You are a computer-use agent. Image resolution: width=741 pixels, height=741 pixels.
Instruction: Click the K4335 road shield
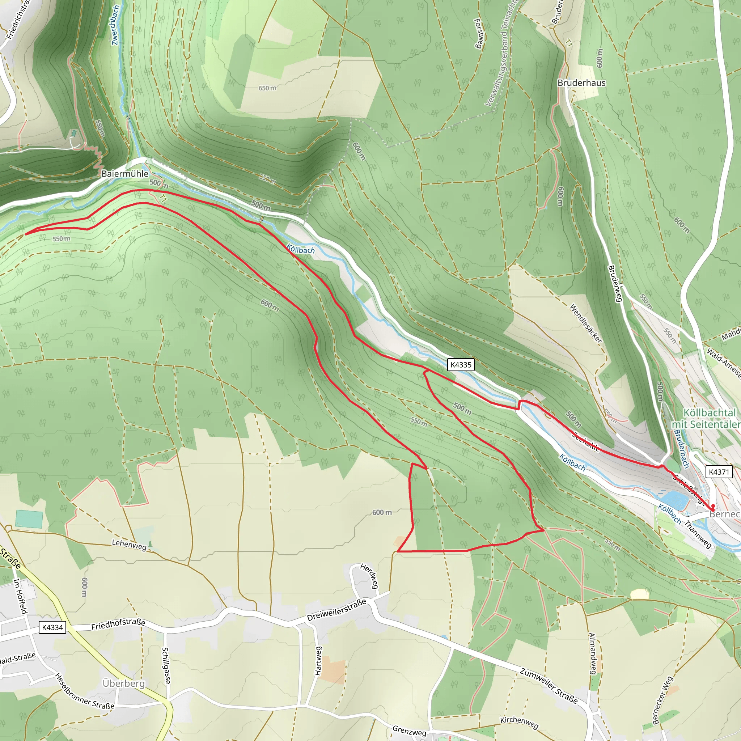(461, 365)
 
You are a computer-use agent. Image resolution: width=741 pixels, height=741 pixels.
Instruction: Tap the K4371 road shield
(719, 472)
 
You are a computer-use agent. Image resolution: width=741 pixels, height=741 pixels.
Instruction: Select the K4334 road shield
(52, 627)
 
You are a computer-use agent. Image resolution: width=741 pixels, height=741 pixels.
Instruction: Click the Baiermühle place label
(125, 174)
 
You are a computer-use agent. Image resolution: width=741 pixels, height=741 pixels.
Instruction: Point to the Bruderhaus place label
(581, 83)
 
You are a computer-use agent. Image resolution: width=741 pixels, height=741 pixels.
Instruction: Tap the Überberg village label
(123, 683)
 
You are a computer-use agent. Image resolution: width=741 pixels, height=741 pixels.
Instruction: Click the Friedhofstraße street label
(118, 624)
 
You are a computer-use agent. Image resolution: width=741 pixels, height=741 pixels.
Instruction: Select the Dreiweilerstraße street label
(337, 610)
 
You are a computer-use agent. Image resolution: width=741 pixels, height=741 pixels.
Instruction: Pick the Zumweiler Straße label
(549, 685)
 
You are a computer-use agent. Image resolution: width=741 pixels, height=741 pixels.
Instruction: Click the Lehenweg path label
(129, 545)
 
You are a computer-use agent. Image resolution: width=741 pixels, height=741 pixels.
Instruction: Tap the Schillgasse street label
(166, 665)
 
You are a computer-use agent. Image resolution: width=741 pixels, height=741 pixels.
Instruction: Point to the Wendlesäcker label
(586, 323)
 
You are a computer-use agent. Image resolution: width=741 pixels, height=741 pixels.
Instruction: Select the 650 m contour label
(267, 88)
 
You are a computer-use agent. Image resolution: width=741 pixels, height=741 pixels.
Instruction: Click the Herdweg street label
(369, 576)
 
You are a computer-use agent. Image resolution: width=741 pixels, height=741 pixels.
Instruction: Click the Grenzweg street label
(409, 731)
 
